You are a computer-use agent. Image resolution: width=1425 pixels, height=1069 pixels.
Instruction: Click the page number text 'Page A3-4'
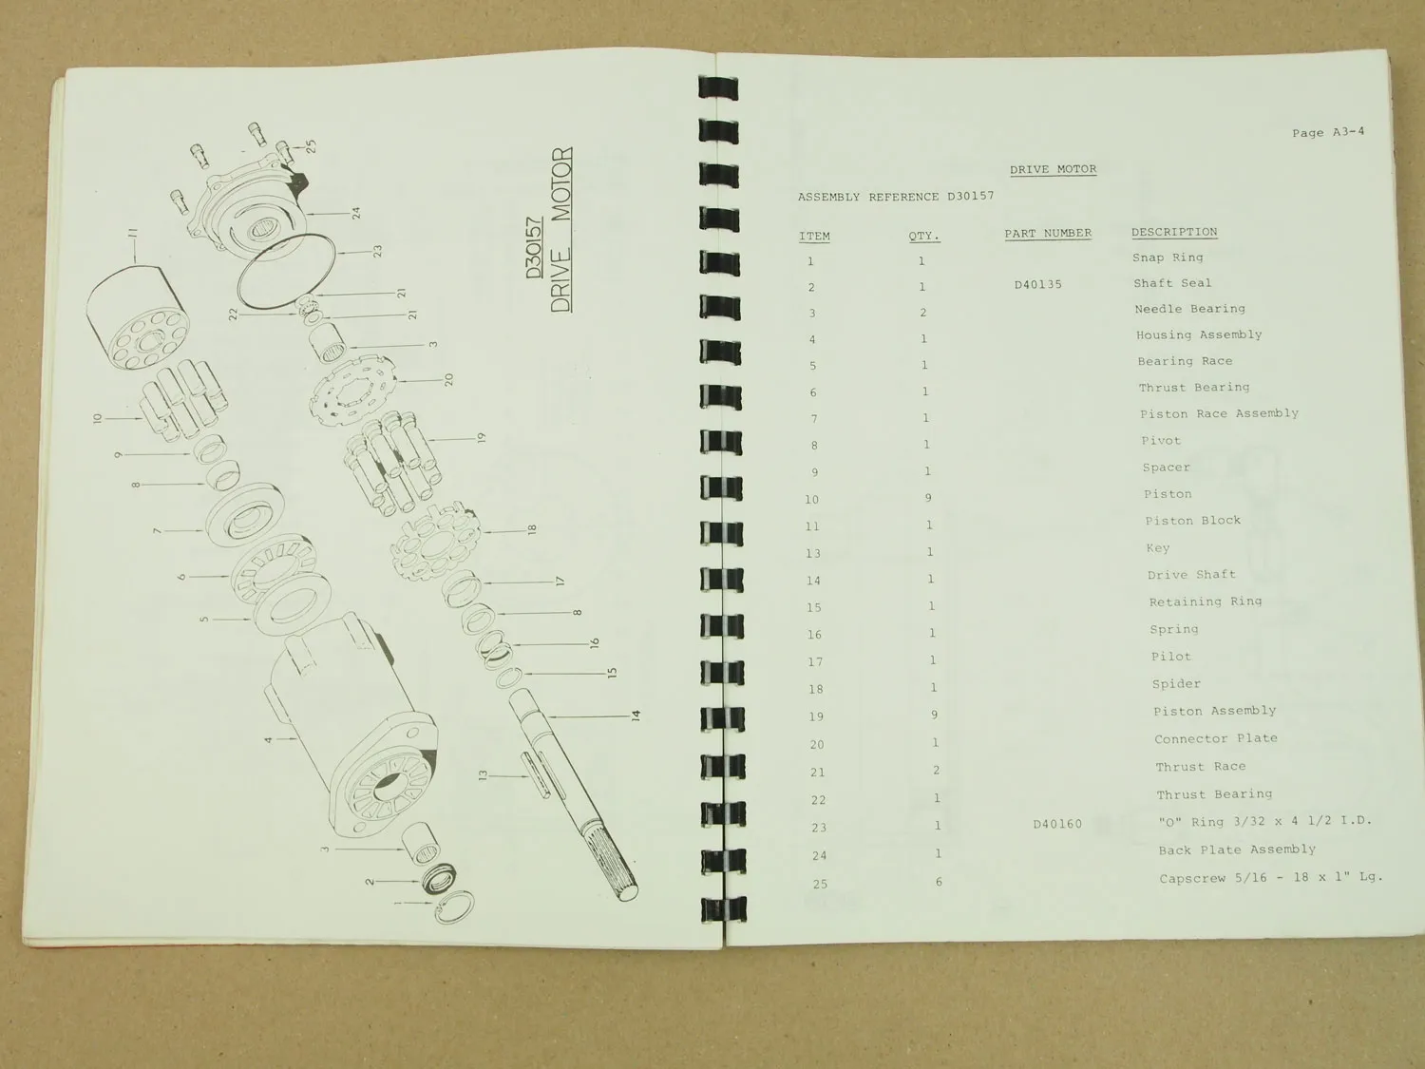click(x=1327, y=132)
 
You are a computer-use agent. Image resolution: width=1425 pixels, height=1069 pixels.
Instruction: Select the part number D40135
click(x=1038, y=284)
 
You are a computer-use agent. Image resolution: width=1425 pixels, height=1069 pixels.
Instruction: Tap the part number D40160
click(x=1057, y=824)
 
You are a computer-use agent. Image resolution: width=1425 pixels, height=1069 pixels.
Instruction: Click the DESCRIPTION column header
click(x=1174, y=233)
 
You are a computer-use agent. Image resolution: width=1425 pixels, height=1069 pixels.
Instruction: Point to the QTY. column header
click(x=923, y=236)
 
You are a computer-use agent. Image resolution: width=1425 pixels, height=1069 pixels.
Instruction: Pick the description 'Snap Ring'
click(x=1168, y=258)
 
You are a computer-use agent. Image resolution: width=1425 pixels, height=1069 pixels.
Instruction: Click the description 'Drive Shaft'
click(x=1191, y=575)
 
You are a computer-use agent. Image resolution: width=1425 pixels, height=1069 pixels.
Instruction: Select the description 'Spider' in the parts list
click(x=1176, y=683)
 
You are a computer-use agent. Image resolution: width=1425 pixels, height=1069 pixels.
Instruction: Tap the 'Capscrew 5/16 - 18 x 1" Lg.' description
click(x=1271, y=877)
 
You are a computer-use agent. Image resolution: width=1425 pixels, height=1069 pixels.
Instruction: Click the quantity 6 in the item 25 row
click(x=939, y=882)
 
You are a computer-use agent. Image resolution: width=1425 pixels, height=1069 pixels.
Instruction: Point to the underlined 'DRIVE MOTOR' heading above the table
click(x=1053, y=169)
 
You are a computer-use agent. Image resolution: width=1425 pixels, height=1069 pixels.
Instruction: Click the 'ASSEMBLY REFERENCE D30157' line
click(x=896, y=196)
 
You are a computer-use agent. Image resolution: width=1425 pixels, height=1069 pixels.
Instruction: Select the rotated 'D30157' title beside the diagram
click(x=534, y=247)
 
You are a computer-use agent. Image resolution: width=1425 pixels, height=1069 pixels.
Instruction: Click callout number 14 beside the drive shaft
click(x=636, y=716)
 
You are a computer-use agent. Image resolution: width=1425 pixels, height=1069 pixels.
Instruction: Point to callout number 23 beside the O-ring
click(x=377, y=251)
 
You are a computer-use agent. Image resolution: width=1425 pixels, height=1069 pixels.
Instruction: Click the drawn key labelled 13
click(x=536, y=775)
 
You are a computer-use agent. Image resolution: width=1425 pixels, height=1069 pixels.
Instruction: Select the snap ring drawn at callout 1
click(x=454, y=907)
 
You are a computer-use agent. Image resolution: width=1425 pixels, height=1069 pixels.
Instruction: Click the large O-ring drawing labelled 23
click(x=286, y=273)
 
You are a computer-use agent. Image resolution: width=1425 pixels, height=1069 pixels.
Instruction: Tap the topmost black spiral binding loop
click(x=718, y=87)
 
